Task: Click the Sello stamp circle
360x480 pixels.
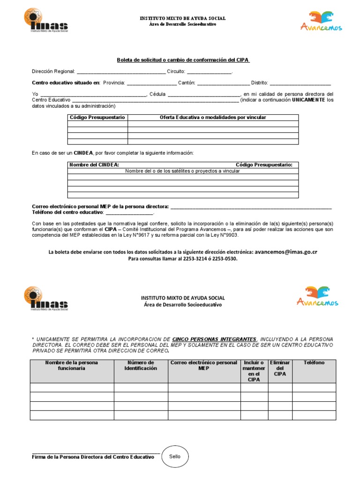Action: click(x=175, y=456)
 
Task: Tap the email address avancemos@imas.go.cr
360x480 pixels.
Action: click(x=286, y=252)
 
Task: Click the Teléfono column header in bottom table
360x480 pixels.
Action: click(x=314, y=363)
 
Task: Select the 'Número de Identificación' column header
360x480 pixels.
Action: click(x=141, y=366)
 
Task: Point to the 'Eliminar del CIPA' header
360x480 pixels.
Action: click(x=280, y=368)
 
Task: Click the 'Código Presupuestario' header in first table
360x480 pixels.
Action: click(x=97, y=117)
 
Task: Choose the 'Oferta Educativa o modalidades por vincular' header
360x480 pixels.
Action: click(x=213, y=117)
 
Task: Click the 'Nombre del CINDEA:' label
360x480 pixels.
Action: click(x=94, y=165)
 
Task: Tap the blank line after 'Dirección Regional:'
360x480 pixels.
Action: click(x=120, y=72)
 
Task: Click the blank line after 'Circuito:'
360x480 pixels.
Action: click(x=210, y=72)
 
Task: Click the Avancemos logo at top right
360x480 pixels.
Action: click(x=321, y=21)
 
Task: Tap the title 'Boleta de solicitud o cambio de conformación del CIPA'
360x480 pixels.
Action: click(x=183, y=60)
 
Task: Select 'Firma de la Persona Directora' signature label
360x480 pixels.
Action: click(x=93, y=457)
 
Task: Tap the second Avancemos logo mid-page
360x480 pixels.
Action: click(x=317, y=296)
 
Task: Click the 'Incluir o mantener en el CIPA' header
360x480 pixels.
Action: click(x=254, y=371)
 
